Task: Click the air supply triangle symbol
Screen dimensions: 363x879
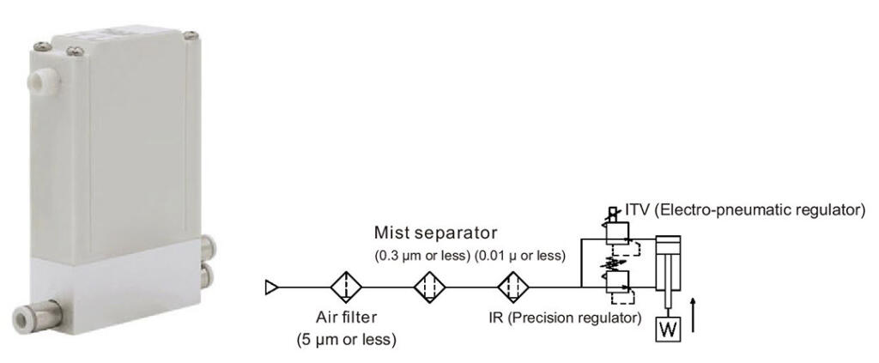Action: [270, 287]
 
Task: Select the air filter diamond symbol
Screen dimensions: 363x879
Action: [346, 287]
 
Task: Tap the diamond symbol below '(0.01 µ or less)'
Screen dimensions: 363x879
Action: [515, 287]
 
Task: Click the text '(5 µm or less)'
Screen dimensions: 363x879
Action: [342, 339]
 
